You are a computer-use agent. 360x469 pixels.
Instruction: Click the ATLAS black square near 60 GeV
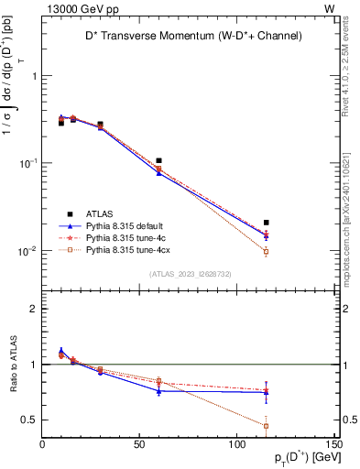tap(159, 161)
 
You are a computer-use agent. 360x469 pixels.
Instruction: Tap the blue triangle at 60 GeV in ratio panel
tap(159, 391)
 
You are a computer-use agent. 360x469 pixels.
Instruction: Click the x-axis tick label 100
tap(237, 446)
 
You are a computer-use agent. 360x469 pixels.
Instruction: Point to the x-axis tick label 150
tap(334, 446)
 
